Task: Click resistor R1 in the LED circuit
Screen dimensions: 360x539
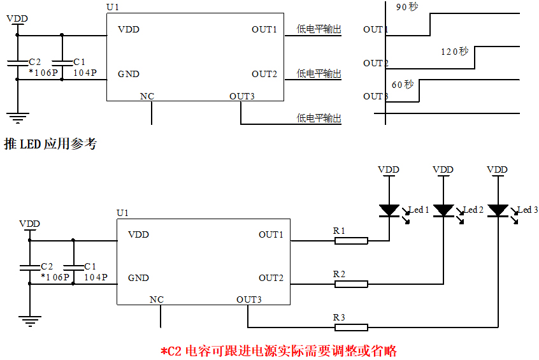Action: coord(351,241)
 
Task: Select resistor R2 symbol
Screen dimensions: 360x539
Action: coord(351,284)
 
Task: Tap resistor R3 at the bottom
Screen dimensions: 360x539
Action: coord(351,327)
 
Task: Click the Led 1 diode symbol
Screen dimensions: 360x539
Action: coord(389,210)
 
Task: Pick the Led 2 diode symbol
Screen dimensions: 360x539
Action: coord(443,210)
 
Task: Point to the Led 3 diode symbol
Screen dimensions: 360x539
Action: coord(497,210)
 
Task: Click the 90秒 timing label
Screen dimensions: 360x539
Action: coord(406,8)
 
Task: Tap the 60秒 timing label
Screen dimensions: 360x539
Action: coord(403,84)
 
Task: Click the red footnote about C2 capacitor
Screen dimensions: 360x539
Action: coord(278,350)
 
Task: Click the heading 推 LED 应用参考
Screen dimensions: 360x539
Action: coord(50,144)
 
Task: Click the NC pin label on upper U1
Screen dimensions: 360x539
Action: coord(147,97)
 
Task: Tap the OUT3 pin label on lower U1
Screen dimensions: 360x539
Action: coord(248,299)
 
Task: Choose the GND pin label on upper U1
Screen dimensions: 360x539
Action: coord(129,74)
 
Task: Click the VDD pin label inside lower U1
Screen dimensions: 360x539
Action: coord(138,234)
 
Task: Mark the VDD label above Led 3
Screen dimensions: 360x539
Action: coord(497,169)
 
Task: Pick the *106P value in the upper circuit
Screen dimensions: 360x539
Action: coord(43,73)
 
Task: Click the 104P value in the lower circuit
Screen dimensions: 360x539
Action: coord(96,277)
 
